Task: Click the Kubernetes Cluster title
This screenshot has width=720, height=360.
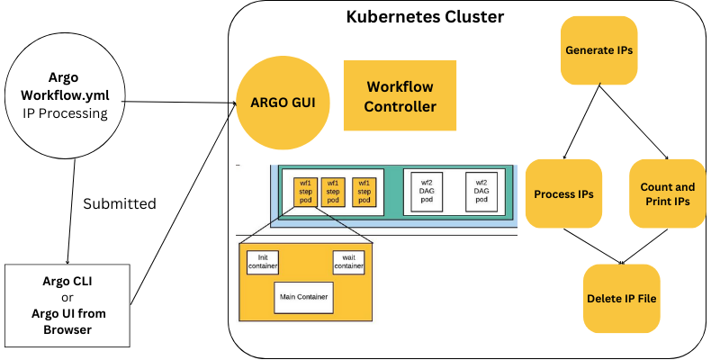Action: click(426, 17)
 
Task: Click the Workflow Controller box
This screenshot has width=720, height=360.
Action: click(400, 97)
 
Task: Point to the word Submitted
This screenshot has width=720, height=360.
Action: click(120, 203)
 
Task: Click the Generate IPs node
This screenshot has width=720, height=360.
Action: click(598, 50)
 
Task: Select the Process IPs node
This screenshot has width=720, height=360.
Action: click(563, 193)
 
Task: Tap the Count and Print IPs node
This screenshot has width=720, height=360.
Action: click(666, 193)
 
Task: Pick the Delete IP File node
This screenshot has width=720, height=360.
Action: click(621, 298)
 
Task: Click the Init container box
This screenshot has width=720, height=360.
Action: click(264, 262)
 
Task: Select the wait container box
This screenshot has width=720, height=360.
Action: click(348, 262)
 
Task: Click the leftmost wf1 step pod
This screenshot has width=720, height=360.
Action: click(307, 192)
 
